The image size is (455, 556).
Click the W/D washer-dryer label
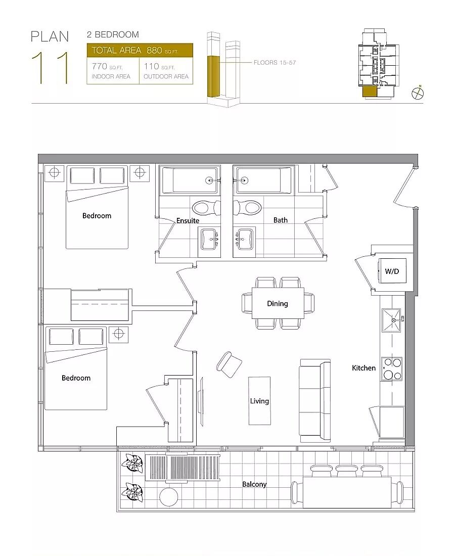click(392, 271)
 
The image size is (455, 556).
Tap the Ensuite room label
click(188, 220)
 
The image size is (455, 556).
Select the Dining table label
click(278, 304)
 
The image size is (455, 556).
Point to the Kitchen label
click(363, 368)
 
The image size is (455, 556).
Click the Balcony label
click(254, 484)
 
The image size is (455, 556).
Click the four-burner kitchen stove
click(392, 369)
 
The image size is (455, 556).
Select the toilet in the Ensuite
click(206, 207)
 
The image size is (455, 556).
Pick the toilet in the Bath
click(247, 207)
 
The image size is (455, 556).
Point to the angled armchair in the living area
click(229, 365)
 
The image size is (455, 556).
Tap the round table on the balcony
click(169, 497)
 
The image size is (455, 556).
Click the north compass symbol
click(418, 93)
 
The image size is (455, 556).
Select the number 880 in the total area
click(154, 51)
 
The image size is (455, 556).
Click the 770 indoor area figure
click(99, 66)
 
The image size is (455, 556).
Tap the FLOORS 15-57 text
click(275, 62)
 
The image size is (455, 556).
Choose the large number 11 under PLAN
click(51, 68)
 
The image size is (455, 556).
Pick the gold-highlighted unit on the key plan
click(369, 91)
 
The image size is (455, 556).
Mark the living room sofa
click(315, 401)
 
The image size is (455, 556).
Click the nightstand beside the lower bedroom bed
click(118, 334)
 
